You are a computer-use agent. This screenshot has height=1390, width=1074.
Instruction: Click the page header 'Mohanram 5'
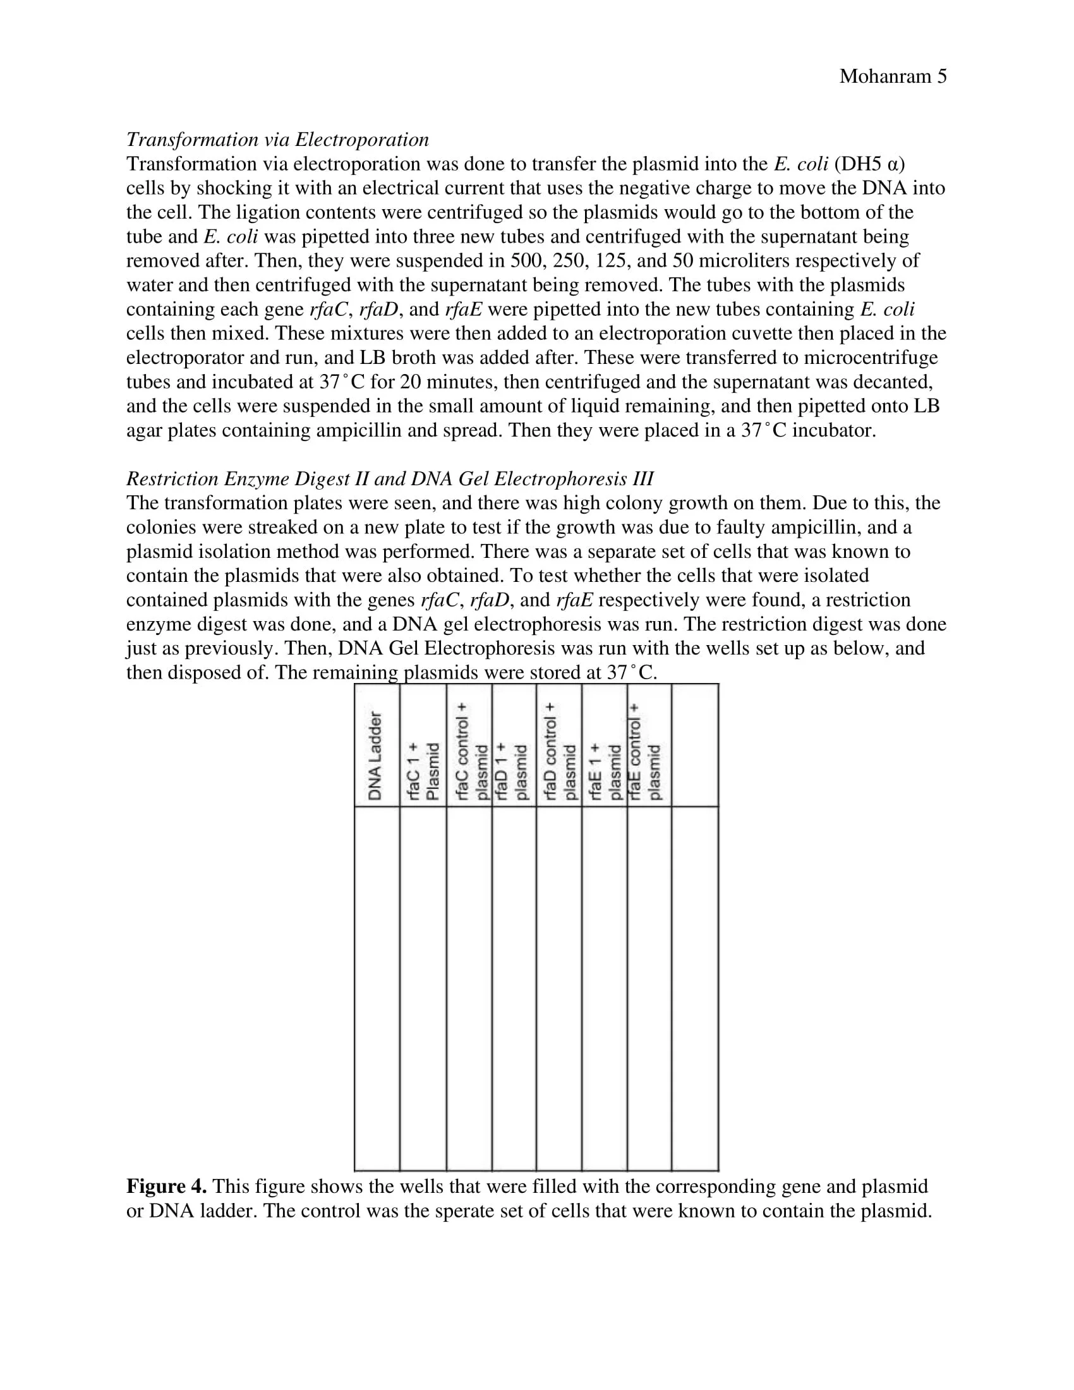coord(892,76)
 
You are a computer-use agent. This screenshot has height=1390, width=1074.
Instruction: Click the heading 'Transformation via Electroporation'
coord(277,140)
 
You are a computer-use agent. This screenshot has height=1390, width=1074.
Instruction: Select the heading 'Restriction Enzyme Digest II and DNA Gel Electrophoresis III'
coord(389,479)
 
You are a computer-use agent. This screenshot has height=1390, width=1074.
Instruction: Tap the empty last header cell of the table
coord(695,746)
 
